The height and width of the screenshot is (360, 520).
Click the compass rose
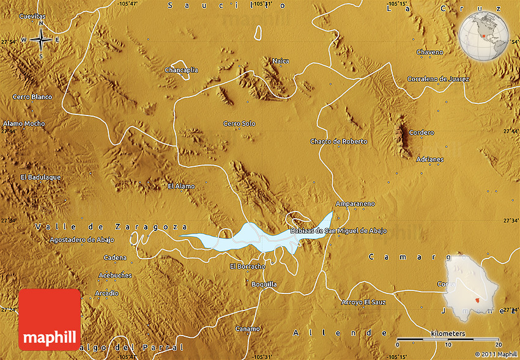click(x=41, y=40)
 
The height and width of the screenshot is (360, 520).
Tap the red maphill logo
click(x=50, y=319)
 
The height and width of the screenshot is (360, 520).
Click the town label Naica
click(x=281, y=61)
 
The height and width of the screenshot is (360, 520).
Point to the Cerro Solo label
click(x=239, y=124)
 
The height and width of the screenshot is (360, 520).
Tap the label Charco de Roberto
click(x=338, y=141)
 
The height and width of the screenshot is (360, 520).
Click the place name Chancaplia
click(x=182, y=70)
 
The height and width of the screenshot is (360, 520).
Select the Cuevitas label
click(x=32, y=16)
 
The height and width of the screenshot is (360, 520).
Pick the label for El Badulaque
click(x=40, y=177)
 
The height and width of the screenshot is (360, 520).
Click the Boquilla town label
click(x=264, y=284)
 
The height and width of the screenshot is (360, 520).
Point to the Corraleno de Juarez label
click(x=438, y=79)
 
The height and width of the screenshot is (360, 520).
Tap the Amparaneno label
click(x=355, y=204)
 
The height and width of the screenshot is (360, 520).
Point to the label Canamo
click(x=248, y=329)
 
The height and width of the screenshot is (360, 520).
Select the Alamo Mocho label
click(x=24, y=123)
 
